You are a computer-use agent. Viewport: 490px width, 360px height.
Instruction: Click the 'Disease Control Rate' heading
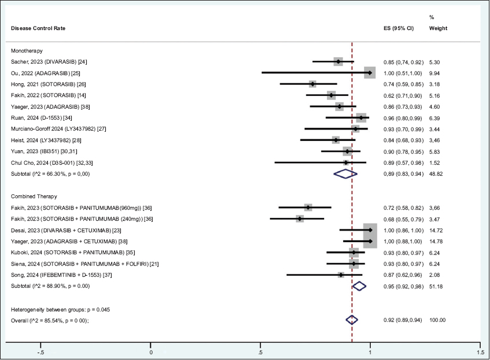(x=38, y=28)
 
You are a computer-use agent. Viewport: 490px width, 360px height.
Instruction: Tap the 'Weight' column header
(x=438, y=28)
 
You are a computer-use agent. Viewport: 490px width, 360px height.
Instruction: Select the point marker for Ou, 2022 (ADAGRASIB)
(x=370, y=73)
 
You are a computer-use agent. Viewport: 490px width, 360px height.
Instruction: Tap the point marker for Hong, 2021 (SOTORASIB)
(x=313, y=84)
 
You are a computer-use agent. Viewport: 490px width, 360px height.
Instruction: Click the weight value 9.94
(x=435, y=73)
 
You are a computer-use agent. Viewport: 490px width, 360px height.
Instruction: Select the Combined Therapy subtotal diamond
(x=359, y=286)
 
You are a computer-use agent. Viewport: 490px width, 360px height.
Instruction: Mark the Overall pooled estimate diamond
(x=352, y=320)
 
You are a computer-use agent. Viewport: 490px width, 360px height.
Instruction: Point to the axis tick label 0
(x=151, y=352)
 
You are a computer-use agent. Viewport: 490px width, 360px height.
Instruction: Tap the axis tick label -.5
(x=40, y=352)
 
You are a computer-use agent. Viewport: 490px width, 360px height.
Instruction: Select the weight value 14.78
(x=436, y=241)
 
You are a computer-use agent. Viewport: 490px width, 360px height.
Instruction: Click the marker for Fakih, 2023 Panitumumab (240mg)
(x=300, y=218)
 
